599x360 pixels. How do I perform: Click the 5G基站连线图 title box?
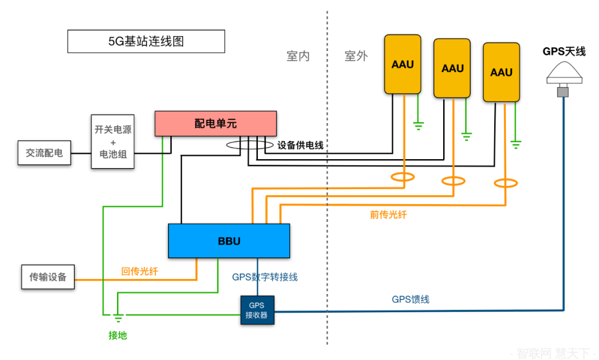click(146, 42)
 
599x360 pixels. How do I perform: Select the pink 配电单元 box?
click(215, 123)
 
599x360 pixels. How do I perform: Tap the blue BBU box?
click(229, 241)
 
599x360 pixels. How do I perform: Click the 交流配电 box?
click(44, 153)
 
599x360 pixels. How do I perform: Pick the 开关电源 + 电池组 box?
click(113, 141)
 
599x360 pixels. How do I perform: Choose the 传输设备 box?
click(48, 276)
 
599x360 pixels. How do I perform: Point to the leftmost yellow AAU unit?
click(403, 64)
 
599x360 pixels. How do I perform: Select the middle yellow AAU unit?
click(452, 68)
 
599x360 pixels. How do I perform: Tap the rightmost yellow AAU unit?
click(501, 73)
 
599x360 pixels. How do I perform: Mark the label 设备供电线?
click(300, 145)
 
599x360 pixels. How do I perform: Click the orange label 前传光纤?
click(388, 214)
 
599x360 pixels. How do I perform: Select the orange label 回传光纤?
click(140, 271)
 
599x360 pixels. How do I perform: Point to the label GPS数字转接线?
click(268, 277)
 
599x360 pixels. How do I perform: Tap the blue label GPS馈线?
click(410, 300)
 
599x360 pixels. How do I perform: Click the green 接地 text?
click(118, 335)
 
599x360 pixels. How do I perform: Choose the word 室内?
click(298, 56)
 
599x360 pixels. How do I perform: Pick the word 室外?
click(356, 56)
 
